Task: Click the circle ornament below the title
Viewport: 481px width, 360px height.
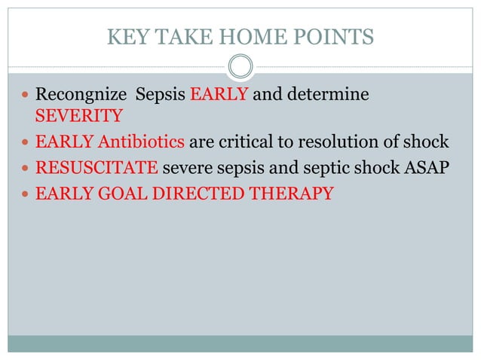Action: pyautogui.click(x=240, y=68)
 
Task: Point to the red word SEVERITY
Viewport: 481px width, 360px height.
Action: pyautogui.click(x=78, y=117)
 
